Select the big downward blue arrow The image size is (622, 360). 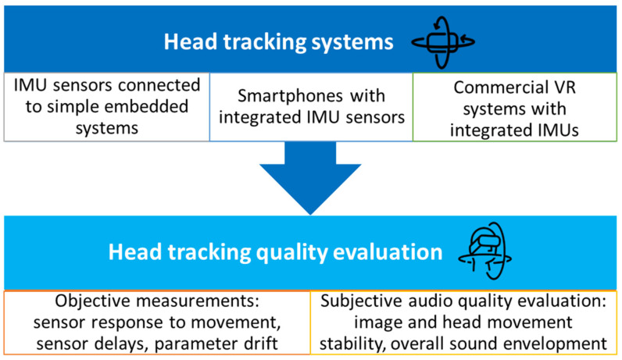click(310, 180)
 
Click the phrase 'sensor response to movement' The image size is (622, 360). click(155, 322)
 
